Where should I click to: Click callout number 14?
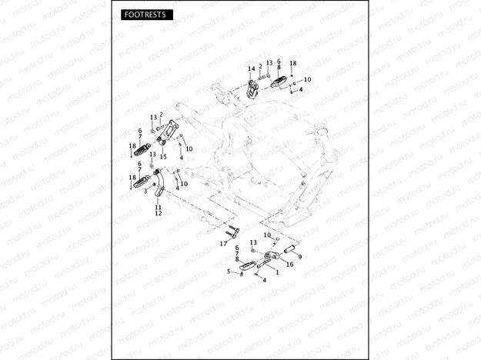(x=251, y=69)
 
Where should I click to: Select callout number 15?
(x=162, y=156)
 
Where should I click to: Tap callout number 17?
(x=223, y=244)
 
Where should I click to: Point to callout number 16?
(x=290, y=263)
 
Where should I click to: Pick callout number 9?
(x=299, y=256)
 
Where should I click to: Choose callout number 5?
(x=229, y=272)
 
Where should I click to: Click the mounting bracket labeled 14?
(x=252, y=88)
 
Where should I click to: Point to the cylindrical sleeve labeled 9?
(x=293, y=248)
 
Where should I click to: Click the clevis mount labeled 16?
(x=270, y=258)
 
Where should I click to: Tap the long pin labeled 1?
(x=259, y=267)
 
